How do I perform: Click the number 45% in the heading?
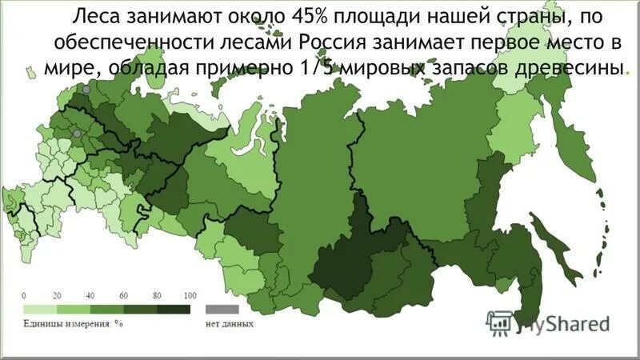pyautogui.click(x=295, y=17)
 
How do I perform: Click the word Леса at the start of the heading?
pyautogui.click(x=91, y=17)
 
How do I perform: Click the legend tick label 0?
pyautogui.click(x=24, y=296)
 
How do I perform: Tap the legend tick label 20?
pyautogui.click(x=57, y=296)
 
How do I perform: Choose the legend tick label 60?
pyautogui.click(x=123, y=296)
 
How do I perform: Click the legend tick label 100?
pyautogui.click(x=190, y=296)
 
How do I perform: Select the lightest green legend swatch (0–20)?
pyautogui.click(x=40, y=308)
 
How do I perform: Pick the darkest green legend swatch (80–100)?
pyautogui.click(x=173, y=308)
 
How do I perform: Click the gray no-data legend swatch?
pyautogui.click(x=222, y=308)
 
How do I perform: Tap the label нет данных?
pyautogui.click(x=230, y=324)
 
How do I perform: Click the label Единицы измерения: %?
pyautogui.click(x=72, y=324)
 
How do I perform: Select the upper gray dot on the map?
pyautogui.click(x=86, y=89)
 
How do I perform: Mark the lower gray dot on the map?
pyautogui.click(x=76, y=134)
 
